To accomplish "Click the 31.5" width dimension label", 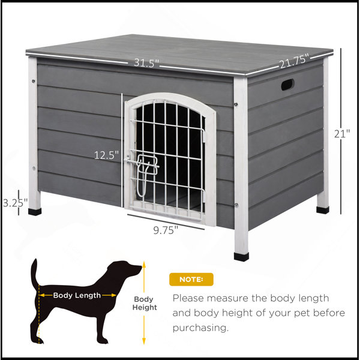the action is [146, 62].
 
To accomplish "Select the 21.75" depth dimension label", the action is [294, 61].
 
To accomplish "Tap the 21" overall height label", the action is [342, 134].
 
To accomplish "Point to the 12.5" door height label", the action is [107, 155].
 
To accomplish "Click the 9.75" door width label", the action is [166, 230].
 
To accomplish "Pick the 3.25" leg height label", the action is [15, 203].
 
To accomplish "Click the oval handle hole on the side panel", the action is [287, 85].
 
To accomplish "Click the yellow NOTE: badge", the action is [191, 280].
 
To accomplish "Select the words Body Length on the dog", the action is [77, 295].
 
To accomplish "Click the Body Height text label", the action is [145, 303].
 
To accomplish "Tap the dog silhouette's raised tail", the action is [34, 273].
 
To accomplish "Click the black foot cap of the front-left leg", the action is [35, 212].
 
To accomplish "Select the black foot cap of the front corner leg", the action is [241, 257].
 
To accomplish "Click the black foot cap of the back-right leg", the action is [323, 210].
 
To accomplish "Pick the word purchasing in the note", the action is [200, 328].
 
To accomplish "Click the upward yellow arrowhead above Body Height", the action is [144, 264].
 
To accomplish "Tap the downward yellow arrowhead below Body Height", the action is [144, 341].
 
